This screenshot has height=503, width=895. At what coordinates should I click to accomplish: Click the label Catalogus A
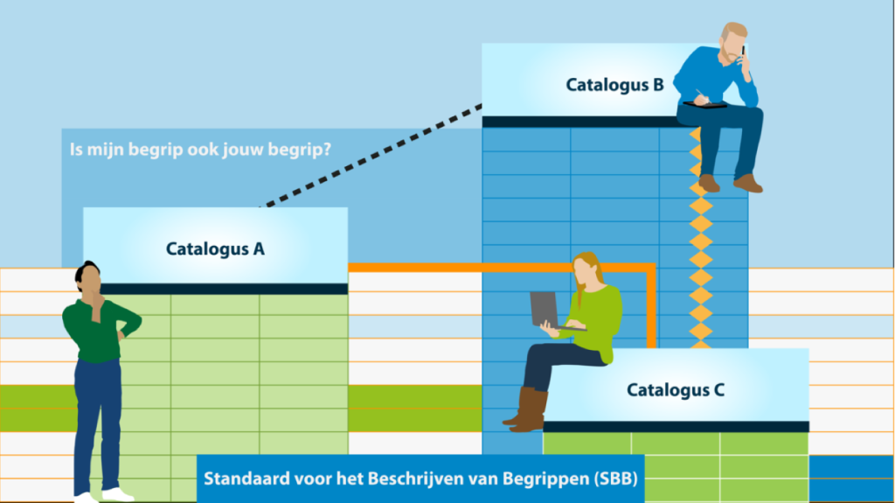coord(215,249)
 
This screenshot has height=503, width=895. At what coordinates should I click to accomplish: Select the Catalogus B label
coord(614,85)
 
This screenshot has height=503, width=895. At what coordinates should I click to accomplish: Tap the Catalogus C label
coord(676,390)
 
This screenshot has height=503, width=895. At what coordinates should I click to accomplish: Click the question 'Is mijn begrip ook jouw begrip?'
coord(200,150)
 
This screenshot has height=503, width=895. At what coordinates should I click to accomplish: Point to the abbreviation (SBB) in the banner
coord(615,479)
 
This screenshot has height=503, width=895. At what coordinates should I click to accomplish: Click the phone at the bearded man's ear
coord(743,52)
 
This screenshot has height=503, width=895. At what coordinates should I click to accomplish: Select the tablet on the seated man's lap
coord(705,105)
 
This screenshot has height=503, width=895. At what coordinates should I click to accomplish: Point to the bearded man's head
coord(732,41)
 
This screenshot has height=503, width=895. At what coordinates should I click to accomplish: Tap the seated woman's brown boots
coord(525,409)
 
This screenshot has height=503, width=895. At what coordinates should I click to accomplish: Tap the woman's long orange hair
coord(585,276)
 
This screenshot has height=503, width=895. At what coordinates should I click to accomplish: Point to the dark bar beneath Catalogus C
coord(676,427)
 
